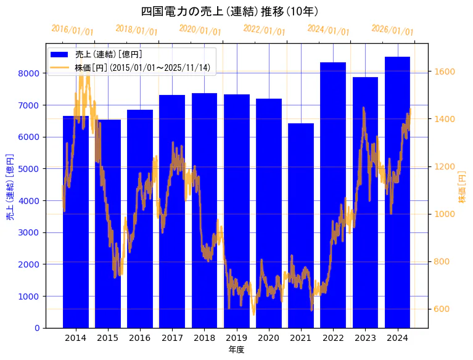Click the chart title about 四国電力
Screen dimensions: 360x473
coord(229,12)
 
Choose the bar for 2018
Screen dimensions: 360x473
coord(204,210)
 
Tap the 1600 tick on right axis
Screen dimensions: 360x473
coord(445,72)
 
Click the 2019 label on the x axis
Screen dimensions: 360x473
coord(236,338)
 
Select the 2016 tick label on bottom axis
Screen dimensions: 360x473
coord(140,338)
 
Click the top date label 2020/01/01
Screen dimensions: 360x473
coord(200,30)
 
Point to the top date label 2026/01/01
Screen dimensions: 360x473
coord(393,30)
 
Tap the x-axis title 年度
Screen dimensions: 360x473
coord(236,350)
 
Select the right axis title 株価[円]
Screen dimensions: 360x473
coord(463,187)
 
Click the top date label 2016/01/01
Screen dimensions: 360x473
coord(72,30)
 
